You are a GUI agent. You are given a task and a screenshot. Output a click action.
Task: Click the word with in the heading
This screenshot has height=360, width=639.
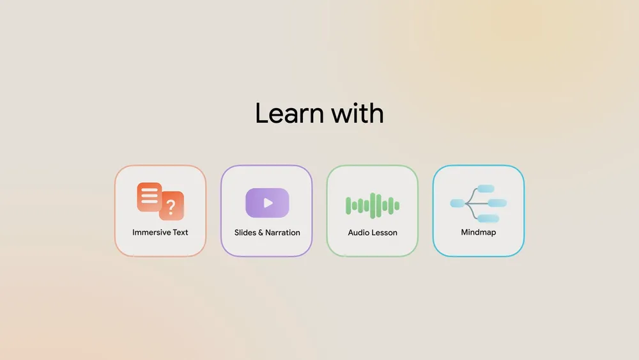coord(357,113)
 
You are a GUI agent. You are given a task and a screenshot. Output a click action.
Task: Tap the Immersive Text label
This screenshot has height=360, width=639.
coord(160,232)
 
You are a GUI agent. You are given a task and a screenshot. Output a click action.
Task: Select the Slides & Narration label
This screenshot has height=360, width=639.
coord(267,232)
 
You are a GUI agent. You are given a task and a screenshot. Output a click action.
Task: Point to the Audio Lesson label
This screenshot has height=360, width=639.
coord(373,232)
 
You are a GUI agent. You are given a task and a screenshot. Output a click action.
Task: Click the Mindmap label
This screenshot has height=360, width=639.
coord(479,232)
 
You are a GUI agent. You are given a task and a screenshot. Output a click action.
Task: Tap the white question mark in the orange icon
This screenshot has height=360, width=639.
coord(171,207)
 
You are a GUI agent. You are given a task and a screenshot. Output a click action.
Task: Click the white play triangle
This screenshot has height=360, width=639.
coord(268,203)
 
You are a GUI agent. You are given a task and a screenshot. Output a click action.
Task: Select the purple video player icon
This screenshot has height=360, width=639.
coord(267,203)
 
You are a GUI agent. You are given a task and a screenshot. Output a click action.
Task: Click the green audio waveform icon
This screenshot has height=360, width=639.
coord(373,205)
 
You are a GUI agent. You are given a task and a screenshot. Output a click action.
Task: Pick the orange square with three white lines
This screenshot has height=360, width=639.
coord(150,197)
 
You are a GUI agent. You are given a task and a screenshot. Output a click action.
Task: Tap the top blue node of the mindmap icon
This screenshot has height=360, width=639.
coord(486,189)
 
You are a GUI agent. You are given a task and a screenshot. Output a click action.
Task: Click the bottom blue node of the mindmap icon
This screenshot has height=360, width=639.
coord(488,219)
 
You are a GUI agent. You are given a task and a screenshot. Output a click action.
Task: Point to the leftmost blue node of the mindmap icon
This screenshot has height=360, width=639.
coord(458,203)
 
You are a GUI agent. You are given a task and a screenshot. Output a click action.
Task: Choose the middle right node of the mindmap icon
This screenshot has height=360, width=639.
coord(497,203)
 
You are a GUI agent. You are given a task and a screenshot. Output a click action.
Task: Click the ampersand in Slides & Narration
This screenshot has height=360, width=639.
coord(261,232)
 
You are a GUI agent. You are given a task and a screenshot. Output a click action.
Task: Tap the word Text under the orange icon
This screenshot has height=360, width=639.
coord(180,232)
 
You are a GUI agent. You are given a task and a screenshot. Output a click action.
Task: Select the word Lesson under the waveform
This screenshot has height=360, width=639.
coord(384,232)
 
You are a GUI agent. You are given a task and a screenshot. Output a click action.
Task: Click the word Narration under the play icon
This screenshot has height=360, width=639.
coord(283,232)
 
